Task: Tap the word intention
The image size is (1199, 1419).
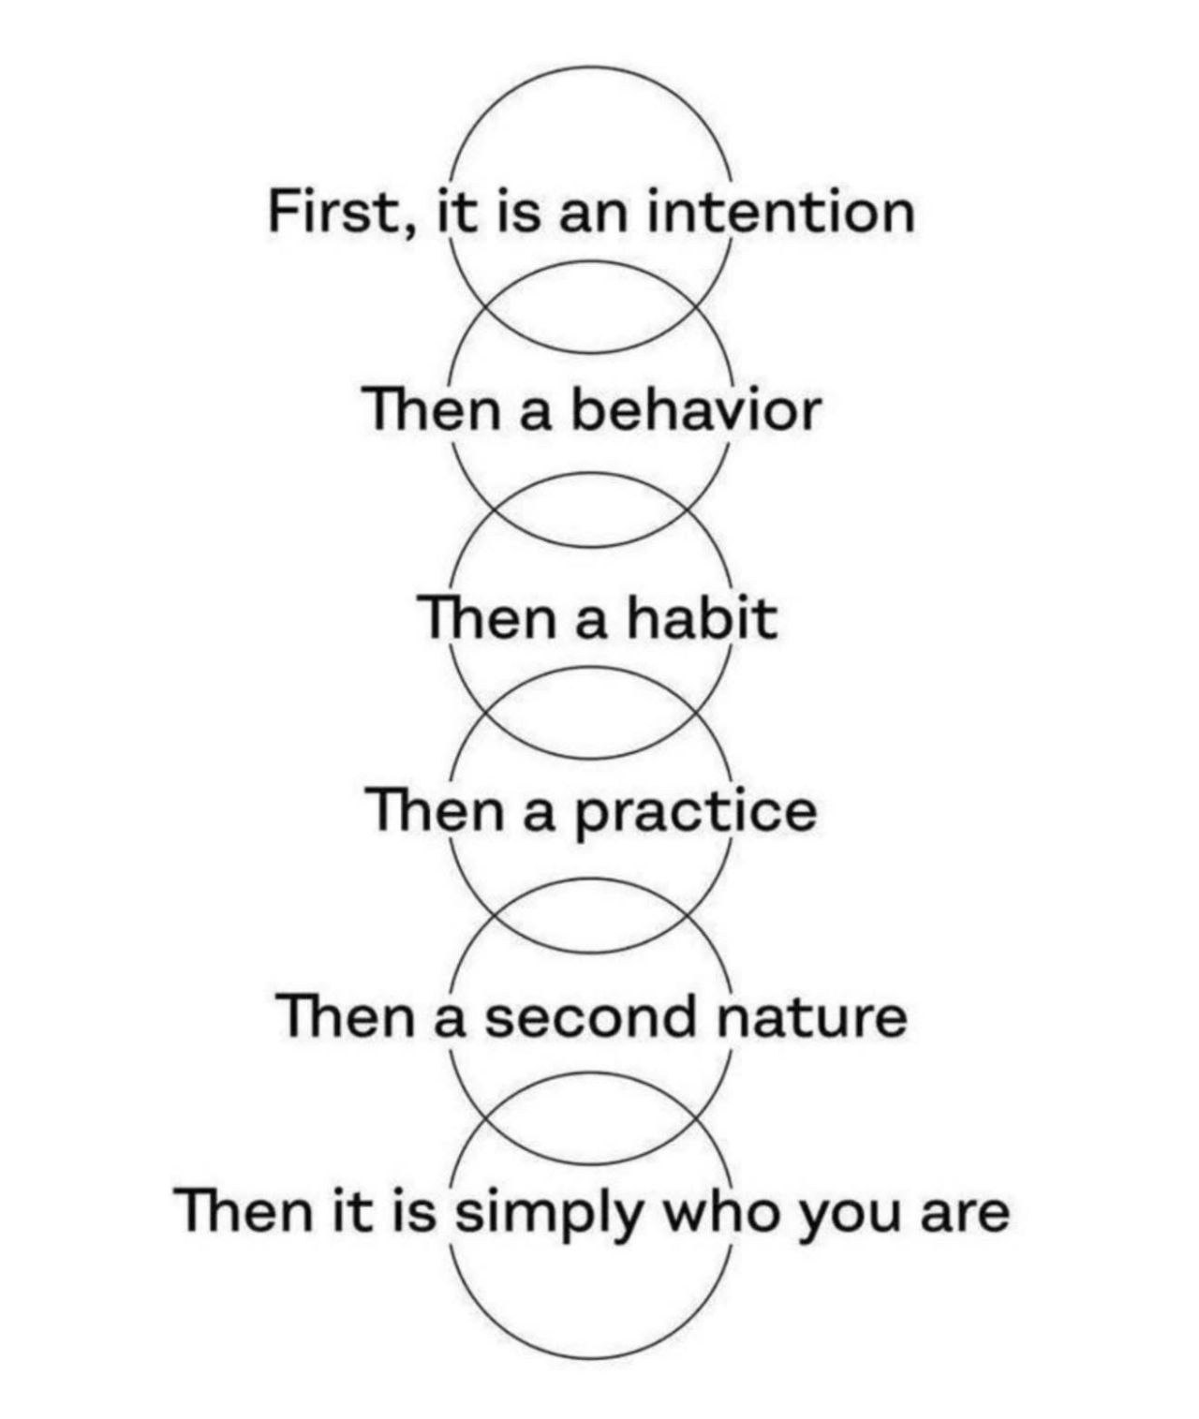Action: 781,211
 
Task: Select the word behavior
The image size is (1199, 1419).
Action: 695,409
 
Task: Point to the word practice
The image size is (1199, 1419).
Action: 696,814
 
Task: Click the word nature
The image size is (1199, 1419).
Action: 812,1017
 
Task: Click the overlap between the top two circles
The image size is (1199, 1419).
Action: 591,306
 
